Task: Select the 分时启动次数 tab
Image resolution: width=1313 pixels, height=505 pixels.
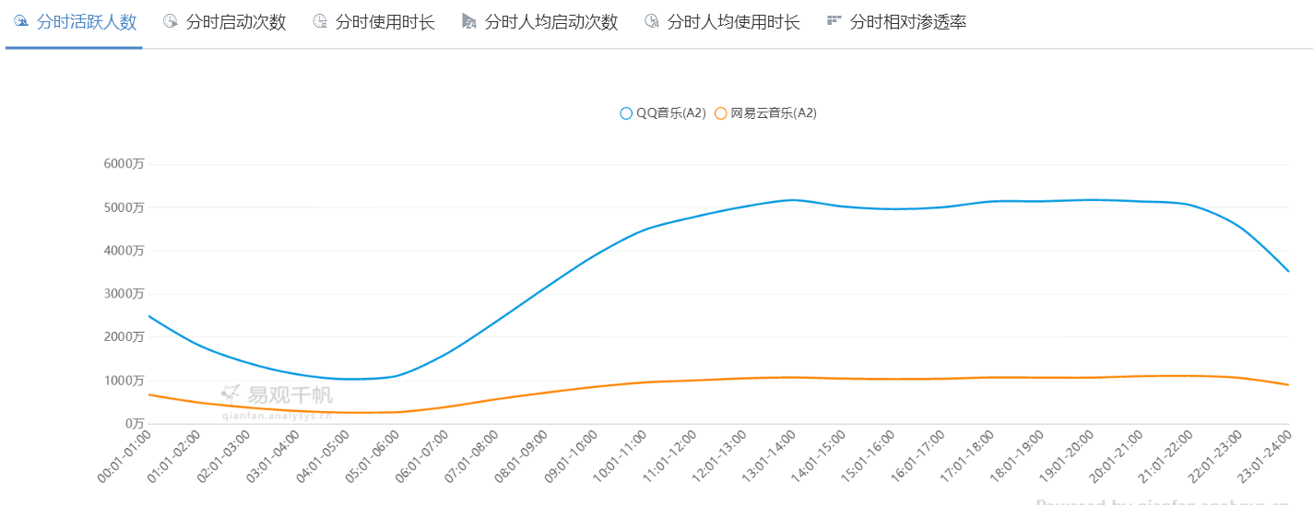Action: pos(225,22)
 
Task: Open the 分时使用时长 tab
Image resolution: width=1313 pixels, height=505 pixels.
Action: pos(374,22)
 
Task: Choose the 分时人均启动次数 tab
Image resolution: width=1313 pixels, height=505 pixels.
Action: pos(540,22)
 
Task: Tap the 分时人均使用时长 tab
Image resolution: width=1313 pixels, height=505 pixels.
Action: pos(723,22)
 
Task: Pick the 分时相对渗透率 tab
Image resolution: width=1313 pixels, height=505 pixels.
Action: pos(897,22)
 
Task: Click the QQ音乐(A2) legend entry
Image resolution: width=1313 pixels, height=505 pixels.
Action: pos(663,113)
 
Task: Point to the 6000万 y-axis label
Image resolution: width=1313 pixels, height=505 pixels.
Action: pos(124,164)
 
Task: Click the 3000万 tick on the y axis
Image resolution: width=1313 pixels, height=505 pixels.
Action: pos(124,294)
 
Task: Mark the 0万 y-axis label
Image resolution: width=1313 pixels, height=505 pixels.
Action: pos(133,424)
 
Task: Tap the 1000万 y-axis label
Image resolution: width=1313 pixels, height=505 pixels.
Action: pos(124,381)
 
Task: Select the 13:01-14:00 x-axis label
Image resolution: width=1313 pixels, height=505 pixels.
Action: pos(769,455)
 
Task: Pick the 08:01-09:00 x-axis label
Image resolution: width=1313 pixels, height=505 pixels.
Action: pos(521,455)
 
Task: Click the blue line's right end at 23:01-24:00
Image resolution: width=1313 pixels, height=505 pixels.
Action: pos(1288,271)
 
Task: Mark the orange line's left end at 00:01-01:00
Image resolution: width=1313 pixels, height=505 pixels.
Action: pos(149,394)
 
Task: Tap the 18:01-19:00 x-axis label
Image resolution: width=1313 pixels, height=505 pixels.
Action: pos(1017,455)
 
